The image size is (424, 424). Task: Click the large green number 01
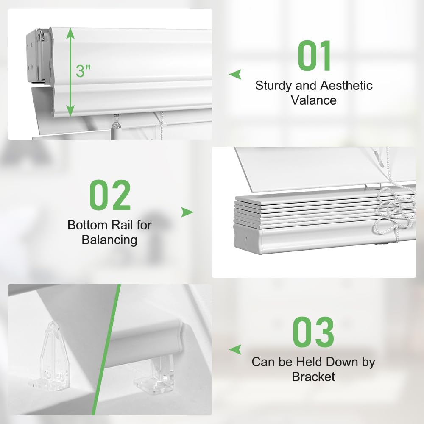pos(314,56)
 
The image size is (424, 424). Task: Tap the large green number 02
pos(110,195)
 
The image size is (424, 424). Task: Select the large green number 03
pos(313,332)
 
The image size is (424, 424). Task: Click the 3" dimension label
pos(84,71)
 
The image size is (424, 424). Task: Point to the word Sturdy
pos(273,86)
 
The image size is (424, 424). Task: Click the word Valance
pos(314,100)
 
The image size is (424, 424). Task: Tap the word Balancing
pos(109,240)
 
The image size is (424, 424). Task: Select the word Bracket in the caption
pos(313,377)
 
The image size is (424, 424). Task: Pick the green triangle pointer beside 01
pos(235,74)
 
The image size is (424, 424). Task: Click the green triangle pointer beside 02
pos(187,212)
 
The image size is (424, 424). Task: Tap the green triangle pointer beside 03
pos(235,349)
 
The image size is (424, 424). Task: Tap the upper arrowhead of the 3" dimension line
pos(70,33)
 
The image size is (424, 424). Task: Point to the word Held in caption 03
pos(310,362)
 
